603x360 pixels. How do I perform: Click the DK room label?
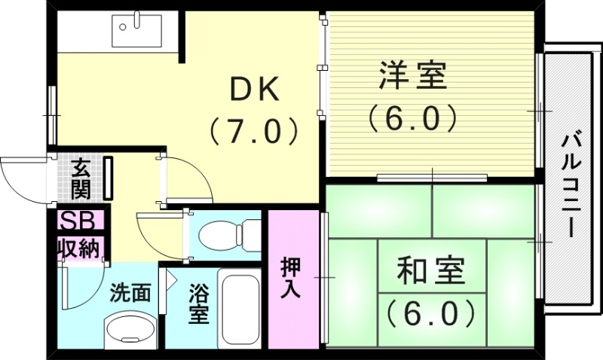click(254, 91)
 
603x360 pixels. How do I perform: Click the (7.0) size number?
click(254, 132)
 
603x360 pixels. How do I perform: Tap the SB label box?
click(78, 221)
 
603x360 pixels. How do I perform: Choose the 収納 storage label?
click(78, 248)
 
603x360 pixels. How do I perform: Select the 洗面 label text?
click(130, 292)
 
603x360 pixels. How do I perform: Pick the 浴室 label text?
click(198, 304)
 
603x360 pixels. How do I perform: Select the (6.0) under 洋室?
click(412, 117)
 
